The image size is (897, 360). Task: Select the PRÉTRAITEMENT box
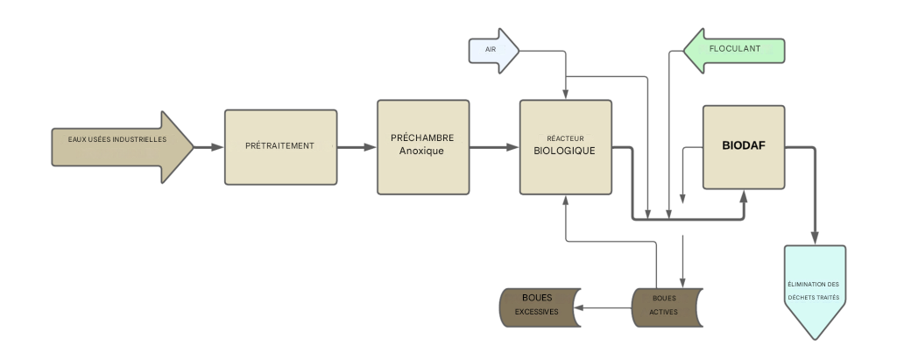click(280, 147)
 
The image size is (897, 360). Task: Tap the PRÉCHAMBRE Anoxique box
click(422, 146)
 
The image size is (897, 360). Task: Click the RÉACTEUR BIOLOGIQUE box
click(565, 146)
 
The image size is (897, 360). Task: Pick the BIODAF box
click(743, 147)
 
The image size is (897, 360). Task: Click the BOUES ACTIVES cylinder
click(666, 305)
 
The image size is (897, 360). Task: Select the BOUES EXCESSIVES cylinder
click(536, 305)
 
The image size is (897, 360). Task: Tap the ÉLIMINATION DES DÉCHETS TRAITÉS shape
click(814, 290)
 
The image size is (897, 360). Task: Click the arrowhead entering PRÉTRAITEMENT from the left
click(219, 147)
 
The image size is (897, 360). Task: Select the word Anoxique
click(422, 152)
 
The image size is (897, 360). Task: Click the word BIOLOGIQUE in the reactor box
click(565, 151)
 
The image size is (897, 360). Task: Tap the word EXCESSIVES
click(536, 312)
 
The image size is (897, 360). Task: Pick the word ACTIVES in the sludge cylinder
click(664, 312)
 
